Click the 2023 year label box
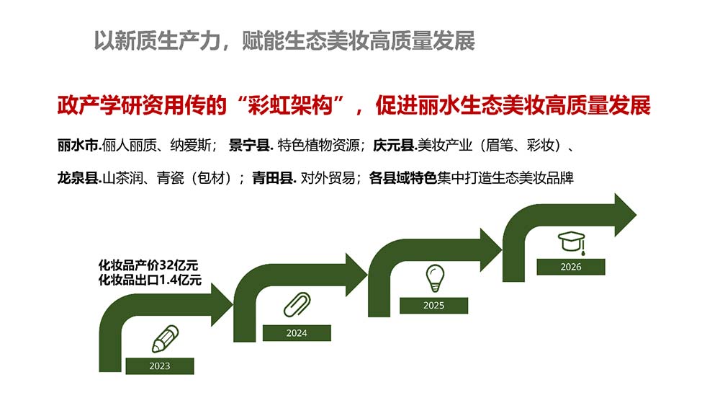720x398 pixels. [x=160, y=366]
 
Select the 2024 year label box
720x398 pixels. [x=297, y=333]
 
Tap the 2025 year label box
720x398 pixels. [x=433, y=305]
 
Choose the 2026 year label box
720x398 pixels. [x=570, y=267]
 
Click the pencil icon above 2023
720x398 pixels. [x=165, y=339]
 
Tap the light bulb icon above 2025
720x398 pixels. [x=434, y=277]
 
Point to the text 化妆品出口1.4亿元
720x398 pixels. [x=150, y=280]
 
